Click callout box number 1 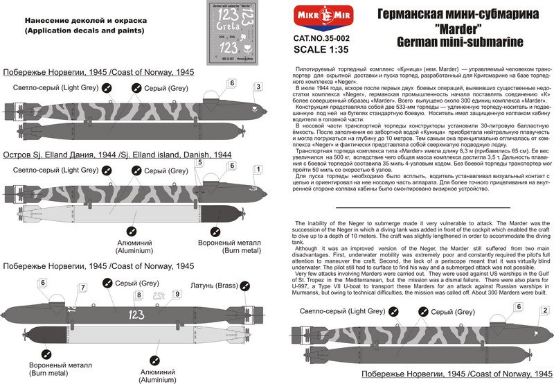point(258,168)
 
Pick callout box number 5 point(199,163)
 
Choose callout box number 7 point(84,287)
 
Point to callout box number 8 point(138,295)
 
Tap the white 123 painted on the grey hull point(136,315)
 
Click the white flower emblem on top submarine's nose point(256,109)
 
